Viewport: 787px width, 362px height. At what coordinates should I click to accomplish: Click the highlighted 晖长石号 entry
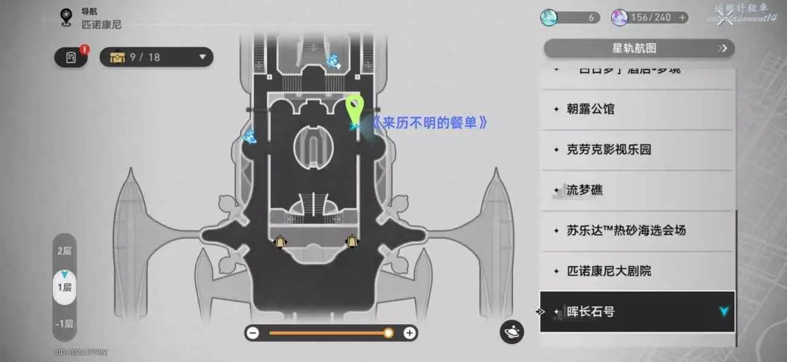pos(636,312)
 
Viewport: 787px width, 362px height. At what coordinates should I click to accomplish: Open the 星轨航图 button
pos(639,49)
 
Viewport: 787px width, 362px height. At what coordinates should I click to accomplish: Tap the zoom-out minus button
pos(253,333)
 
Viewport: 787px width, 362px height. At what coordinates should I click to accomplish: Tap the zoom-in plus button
pos(409,333)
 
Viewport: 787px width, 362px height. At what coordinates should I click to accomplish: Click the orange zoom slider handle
pos(389,333)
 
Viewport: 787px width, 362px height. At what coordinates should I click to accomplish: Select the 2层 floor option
pos(64,251)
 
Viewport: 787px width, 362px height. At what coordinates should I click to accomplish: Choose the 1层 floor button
pos(64,287)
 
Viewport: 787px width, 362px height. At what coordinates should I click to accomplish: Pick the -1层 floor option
pos(64,324)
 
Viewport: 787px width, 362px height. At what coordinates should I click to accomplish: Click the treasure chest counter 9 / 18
pos(156,57)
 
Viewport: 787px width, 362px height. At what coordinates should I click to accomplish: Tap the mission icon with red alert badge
pos(71,58)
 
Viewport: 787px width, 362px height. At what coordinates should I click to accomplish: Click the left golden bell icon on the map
pos(280,242)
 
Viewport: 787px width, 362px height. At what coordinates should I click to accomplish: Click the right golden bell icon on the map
pos(351,242)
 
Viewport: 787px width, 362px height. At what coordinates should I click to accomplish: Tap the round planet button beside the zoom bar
pos(512,332)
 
